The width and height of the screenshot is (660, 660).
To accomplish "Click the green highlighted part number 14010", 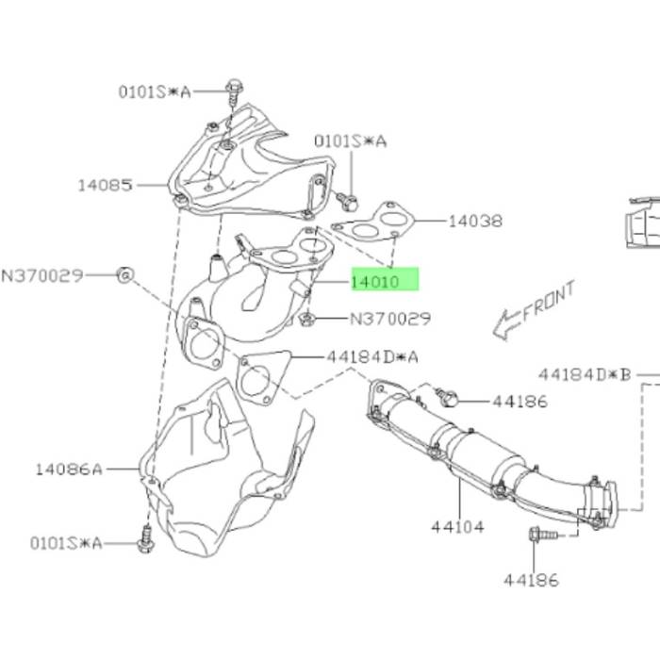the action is [374, 282].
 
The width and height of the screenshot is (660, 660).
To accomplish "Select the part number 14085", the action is [106, 185].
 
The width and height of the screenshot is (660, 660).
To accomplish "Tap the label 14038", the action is [475, 221].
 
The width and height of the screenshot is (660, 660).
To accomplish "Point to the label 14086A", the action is [69, 469].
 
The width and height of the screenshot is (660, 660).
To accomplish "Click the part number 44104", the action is [457, 526].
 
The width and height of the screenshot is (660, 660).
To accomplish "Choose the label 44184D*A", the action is [372, 357].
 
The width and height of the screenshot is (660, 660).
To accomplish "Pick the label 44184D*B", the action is [586, 374].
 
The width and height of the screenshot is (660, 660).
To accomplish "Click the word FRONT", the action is [549, 301].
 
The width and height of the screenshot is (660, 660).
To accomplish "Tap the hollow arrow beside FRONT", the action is [507, 324].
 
